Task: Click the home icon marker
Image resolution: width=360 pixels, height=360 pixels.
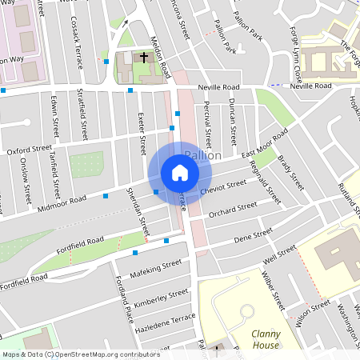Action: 179,173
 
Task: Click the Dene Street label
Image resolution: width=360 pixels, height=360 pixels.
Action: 254,235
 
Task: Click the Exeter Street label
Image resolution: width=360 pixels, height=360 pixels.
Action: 142,134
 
